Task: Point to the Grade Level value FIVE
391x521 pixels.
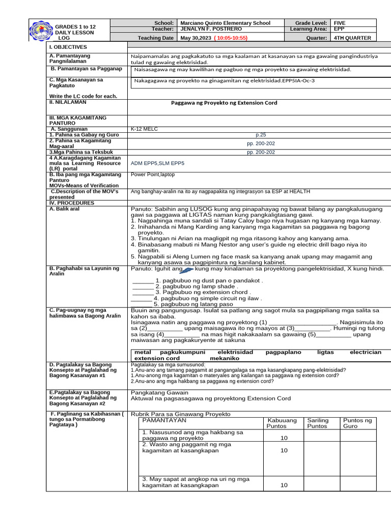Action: (x=339, y=23)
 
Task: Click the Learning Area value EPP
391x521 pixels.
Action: (x=339, y=30)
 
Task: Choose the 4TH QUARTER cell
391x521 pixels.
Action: (x=352, y=38)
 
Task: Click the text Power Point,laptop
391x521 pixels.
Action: (x=152, y=175)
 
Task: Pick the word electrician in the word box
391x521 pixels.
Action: (x=365, y=352)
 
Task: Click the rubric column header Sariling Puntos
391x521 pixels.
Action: (x=318, y=423)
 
